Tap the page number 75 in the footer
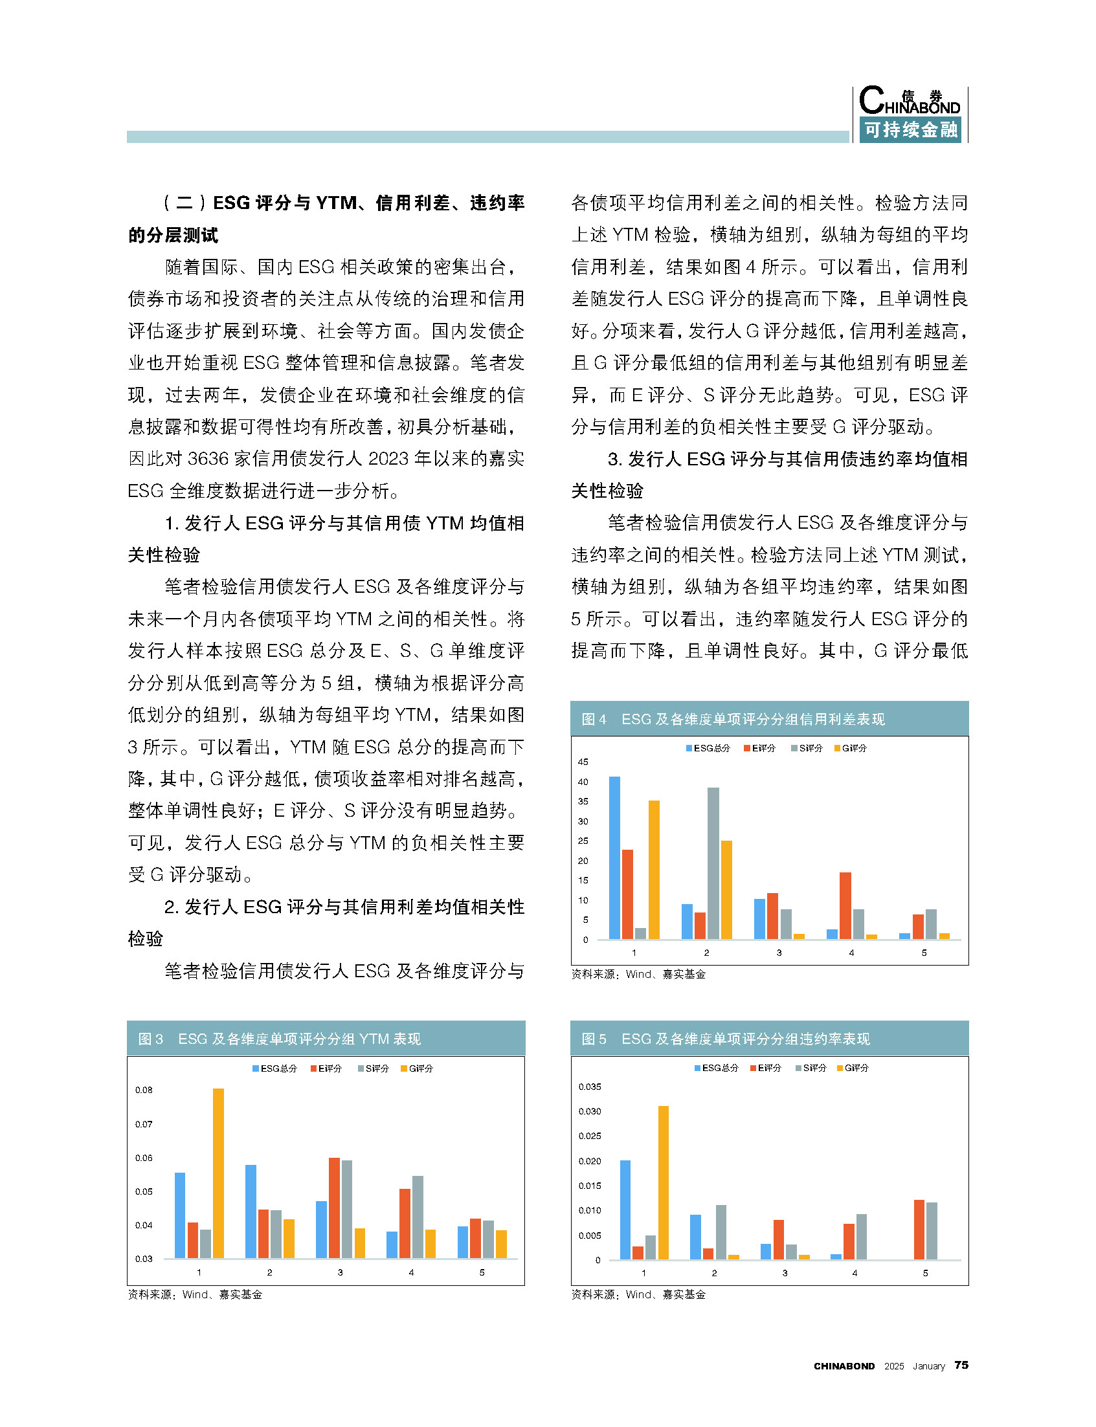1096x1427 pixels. coord(961,1365)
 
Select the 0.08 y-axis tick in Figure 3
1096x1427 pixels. coord(144,1090)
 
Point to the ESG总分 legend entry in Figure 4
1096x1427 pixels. coord(708,748)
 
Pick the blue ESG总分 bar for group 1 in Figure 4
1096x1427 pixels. coord(614,857)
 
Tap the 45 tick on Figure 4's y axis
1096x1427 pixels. coord(583,762)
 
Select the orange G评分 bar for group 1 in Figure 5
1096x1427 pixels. coord(664,1182)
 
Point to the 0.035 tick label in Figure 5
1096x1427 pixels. coord(590,1087)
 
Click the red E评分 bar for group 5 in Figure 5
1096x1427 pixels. coord(919,1230)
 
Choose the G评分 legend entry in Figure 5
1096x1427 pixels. coord(853,1068)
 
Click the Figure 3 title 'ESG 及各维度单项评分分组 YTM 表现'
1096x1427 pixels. coord(300,1039)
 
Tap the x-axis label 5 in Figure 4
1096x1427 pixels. coord(924,953)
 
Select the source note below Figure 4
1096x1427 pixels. coord(638,975)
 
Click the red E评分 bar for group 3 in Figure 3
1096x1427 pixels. coord(334,1208)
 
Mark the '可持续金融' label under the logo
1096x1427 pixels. coord(911,130)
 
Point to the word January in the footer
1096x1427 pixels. coord(928,1366)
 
